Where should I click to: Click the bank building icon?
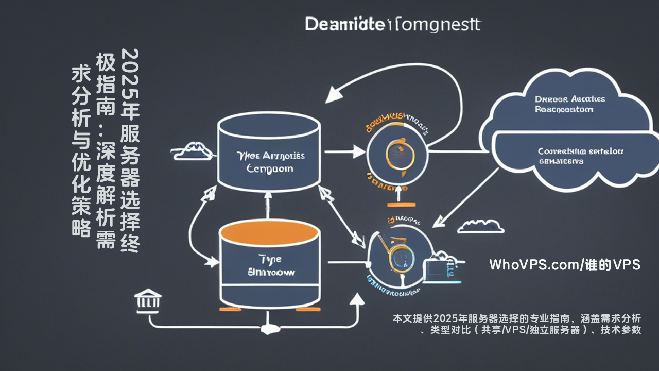coord(147,300)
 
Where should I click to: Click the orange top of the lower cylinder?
coord(269,233)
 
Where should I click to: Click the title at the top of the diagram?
coord(393,24)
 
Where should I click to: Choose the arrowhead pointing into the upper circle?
coord(359,151)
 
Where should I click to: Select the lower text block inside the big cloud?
coord(580,156)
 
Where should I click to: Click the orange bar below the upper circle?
coord(397,205)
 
